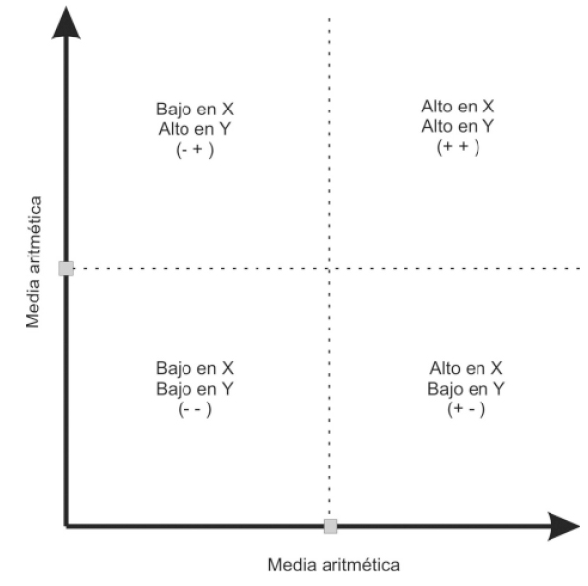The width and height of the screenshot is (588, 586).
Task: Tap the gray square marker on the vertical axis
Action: pyautogui.click(x=66, y=268)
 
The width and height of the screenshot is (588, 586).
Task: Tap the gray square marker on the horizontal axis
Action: pyautogui.click(x=330, y=526)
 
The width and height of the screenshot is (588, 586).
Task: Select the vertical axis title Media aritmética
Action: pyautogui.click(x=34, y=264)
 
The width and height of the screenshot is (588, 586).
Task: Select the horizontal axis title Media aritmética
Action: pyautogui.click(x=333, y=565)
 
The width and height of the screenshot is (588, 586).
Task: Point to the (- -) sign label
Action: pyautogui.click(x=194, y=407)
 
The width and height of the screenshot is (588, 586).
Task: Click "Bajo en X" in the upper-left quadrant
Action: pyautogui.click(x=194, y=107)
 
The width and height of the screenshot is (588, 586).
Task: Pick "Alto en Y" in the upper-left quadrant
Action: pyautogui.click(x=194, y=126)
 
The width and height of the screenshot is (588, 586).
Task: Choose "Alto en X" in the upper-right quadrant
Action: pyautogui.click(x=458, y=107)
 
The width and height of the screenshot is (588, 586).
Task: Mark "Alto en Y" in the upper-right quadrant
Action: pyautogui.click(x=458, y=126)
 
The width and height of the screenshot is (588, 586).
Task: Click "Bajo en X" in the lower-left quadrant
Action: pyautogui.click(x=194, y=368)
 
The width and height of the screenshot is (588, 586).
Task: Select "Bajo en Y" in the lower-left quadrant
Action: pyautogui.click(x=194, y=388)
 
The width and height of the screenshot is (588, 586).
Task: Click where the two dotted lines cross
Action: pyautogui.click(x=329, y=268)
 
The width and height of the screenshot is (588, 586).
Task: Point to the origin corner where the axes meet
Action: pyautogui.click(x=66, y=526)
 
